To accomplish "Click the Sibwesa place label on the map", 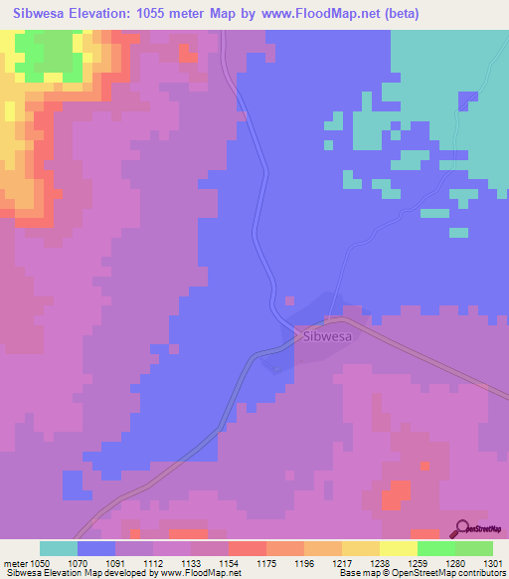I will pos(328,336).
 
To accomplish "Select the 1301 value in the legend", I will pos(493,562).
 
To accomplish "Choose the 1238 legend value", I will pos(379,562).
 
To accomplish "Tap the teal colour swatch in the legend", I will pos(59,548).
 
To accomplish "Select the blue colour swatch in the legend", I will pos(96,548).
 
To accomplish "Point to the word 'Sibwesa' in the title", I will pos(41,14).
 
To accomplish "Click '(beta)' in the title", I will pos(398,14).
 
